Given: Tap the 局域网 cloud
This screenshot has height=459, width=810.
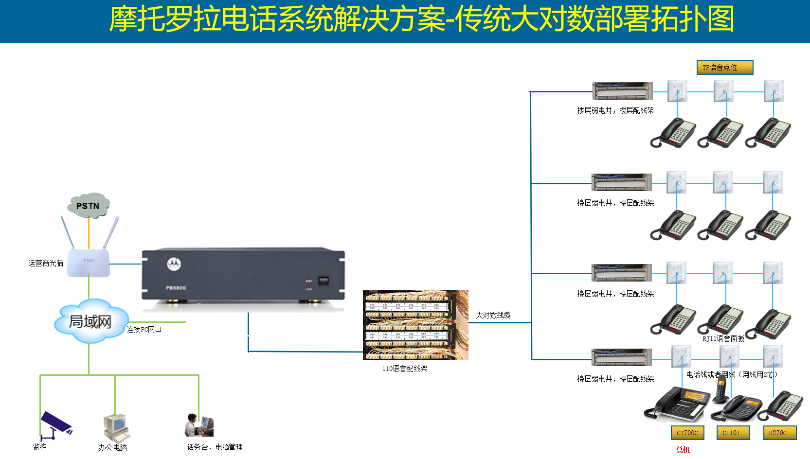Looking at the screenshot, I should pyautogui.click(x=90, y=321).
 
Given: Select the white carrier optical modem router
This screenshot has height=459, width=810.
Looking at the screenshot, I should pyautogui.click(x=89, y=263).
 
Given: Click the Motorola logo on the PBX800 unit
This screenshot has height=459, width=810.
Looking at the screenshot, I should pyautogui.click(x=174, y=264).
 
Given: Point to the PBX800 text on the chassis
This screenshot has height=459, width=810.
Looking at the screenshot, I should pyautogui.click(x=176, y=288).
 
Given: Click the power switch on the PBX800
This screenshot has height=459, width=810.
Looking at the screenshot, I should pyautogui.click(x=323, y=281).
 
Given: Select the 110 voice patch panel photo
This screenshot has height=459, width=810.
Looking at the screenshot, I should pyautogui.click(x=415, y=325).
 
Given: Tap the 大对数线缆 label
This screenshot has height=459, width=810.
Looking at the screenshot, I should pyautogui.click(x=493, y=315).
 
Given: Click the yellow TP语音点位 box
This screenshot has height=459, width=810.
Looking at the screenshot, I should pyautogui.click(x=725, y=67).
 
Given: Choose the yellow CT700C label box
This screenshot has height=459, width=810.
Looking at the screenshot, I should pyautogui.click(x=687, y=433).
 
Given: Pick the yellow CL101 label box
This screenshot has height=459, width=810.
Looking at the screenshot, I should pyautogui.click(x=733, y=433).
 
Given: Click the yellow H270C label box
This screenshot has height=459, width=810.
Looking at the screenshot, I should pyautogui.click(x=779, y=433).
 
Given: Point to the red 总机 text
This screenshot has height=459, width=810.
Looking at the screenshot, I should pyautogui.click(x=683, y=450).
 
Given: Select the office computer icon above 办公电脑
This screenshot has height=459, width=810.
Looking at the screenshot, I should pyautogui.click(x=116, y=427).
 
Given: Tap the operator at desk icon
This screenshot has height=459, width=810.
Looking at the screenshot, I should pyautogui.click(x=199, y=425).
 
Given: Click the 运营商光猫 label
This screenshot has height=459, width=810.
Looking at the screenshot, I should pyautogui.click(x=46, y=263).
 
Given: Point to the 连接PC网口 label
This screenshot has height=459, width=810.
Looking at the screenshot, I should pyautogui.click(x=144, y=329).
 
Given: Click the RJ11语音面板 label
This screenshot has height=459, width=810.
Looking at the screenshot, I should pyautogui.click(x=723, y=338).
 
